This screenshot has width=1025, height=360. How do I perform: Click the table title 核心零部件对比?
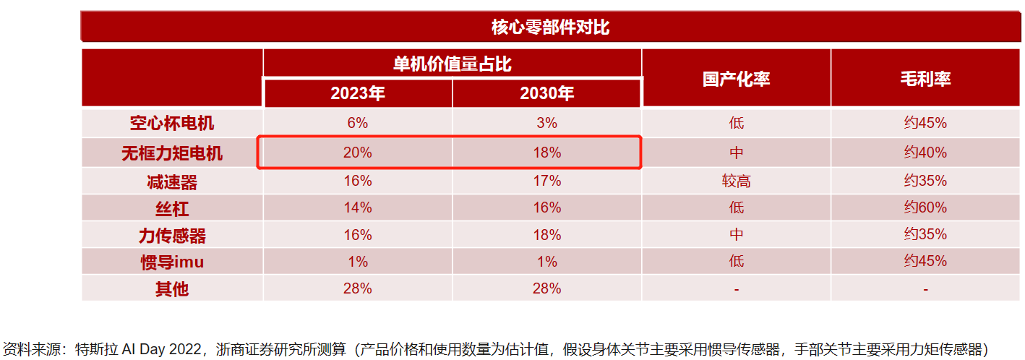pyautogui.click(x=550, y=28)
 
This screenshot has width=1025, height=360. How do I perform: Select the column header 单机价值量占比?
pyautogui.click(x=452, y=64)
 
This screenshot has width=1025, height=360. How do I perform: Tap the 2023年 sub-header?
pyautogui.click(x=358, y=93)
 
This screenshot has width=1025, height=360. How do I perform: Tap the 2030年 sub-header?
pyautogui.click(x=546, y=93)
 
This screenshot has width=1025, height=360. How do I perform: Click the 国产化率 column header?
pyautogui.click(x=736, y=79)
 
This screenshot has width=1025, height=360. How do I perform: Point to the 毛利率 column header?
pyautogui.click(x=925, y=79)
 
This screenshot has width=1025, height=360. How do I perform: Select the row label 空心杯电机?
pyautogui.click(x=172, y=123)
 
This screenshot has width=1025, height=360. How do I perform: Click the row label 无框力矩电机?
pyautogui.click(x=172, y=153)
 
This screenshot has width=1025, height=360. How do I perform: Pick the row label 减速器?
pyautogui.click(x=172, y=181)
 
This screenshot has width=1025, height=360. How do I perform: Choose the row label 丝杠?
pyautogui.click(x=172, y=208)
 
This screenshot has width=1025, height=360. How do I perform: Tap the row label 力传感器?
pyautogui.click(x=172, y=235)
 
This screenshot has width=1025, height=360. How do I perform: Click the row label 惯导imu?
pyautogui.click(x=172, y=262)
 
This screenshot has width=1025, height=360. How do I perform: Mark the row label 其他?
pyautogui.click(x=172, y=288)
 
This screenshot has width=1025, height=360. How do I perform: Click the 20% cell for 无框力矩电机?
pyautogui.click(x=358, y=153)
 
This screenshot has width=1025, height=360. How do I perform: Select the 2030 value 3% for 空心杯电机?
pyautogui.click(x=547, y=123)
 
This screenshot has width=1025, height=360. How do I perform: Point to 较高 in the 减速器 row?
pyautogui.click(x=736, y=181)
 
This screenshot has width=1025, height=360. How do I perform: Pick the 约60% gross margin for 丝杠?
pyautogui.click(x=925, y=208)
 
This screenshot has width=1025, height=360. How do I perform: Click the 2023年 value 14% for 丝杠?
pyautogui.click(x=358, y=208)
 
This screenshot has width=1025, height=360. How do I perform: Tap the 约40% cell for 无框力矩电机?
pyautogui.click(x=925, y=153)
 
